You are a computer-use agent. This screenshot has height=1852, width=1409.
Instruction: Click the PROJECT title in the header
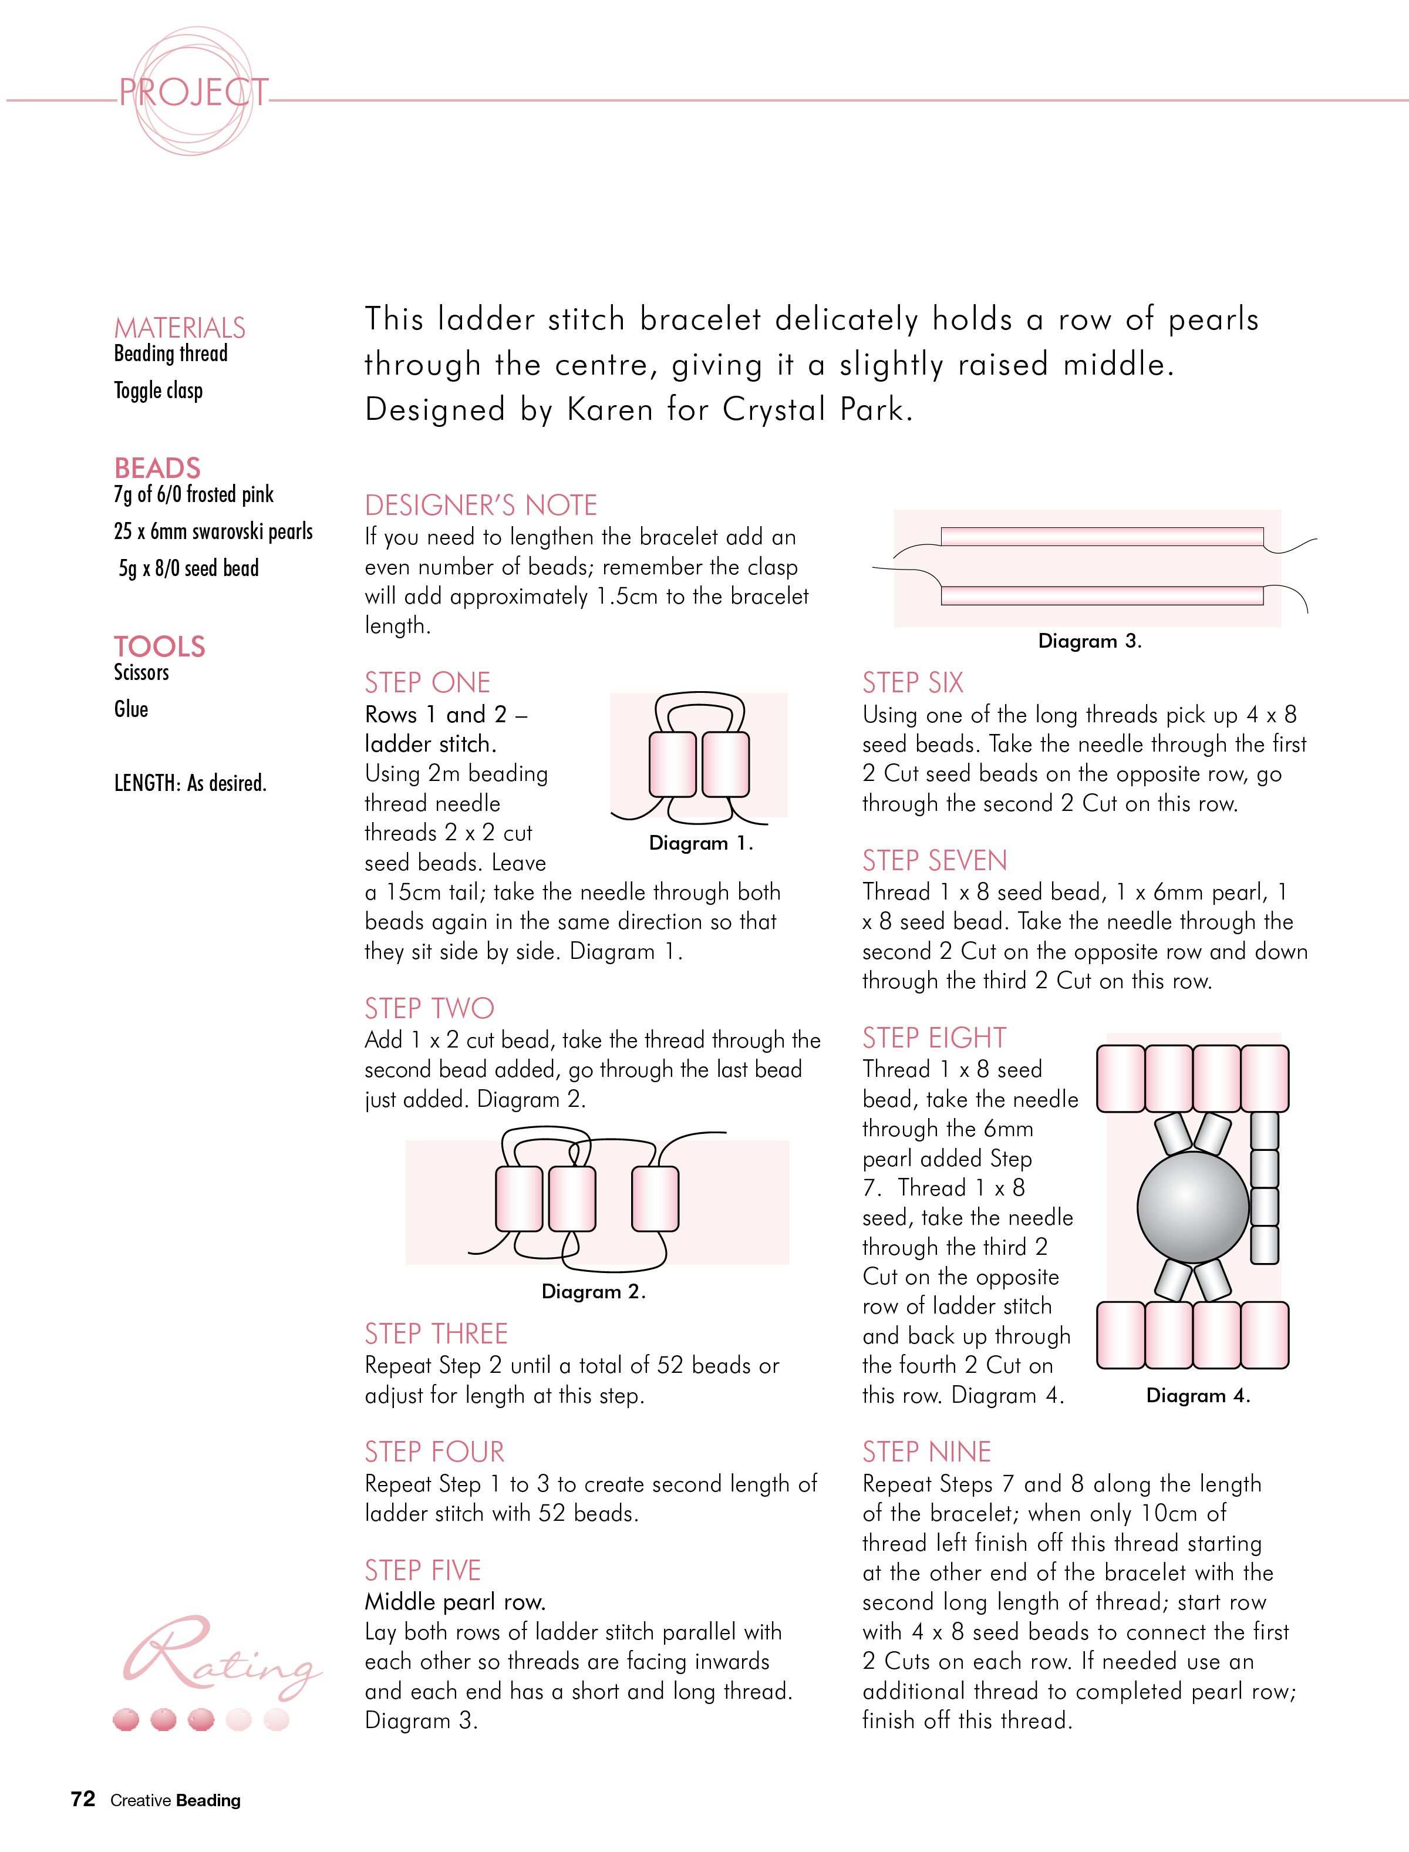pyautogui.click(x=194, y=92)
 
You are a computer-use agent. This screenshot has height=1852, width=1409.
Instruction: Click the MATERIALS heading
pyautogui.click(x=180, y=327)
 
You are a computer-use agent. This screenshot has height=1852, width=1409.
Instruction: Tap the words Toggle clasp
pyautogui.click(x=159, y=391)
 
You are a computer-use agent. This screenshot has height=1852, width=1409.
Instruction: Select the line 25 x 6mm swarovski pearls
pyautogui.click(x=213, y=532)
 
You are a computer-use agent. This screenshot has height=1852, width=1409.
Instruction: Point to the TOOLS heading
pyautogui.click(x=159, y=646)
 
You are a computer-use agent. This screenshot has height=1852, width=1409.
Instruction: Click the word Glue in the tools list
pyautogui.click(x=131, y=709)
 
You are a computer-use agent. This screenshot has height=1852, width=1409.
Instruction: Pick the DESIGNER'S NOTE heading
pyautogui.click(x=481, y=505)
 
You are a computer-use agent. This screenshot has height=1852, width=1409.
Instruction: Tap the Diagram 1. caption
pyautogui.click(x=701, y=844)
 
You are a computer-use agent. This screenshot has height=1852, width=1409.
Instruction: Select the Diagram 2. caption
pyautogui.click(x=594, y=1292)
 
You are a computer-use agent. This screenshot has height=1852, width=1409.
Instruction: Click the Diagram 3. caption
pyautogui.click(x=1090, y=642)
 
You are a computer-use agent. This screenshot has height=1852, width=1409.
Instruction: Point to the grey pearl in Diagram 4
pyautogui.click(x=1194, y=1208)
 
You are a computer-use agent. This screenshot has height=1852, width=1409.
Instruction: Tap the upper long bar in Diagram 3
pyautogui.click(x=1102, y=536)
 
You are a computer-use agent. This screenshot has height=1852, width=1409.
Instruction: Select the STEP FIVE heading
pyautogui.click(x=423, y=1570)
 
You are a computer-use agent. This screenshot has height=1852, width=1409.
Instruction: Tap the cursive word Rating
pyautogui.click(x=223, y=1652)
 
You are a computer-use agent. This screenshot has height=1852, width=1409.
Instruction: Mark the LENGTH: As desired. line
pyautogui.click(x=190, y=783)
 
